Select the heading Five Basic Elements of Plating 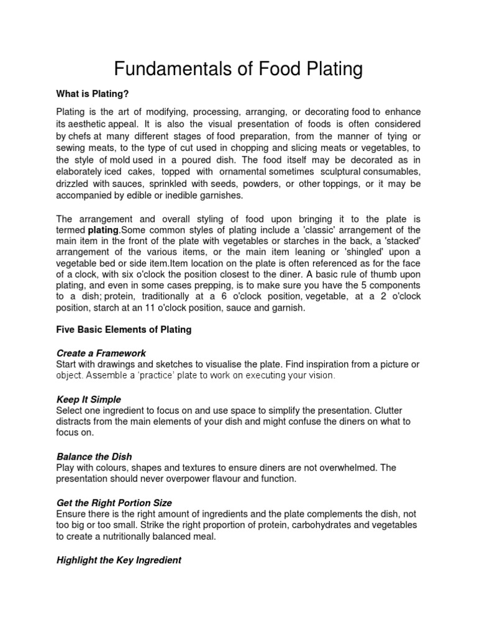tap(124, 330)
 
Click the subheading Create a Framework tap(101, 353)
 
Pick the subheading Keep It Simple tap(89, 399)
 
